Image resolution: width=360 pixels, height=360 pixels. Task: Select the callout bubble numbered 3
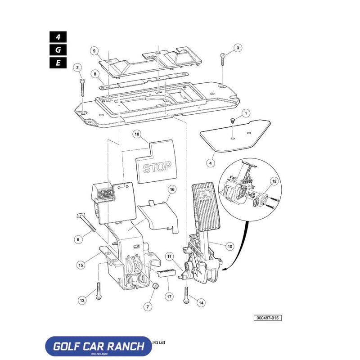click(238, 48)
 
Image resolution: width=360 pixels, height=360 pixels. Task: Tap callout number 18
click(137, 134)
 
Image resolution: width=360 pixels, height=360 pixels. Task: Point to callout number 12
click(275, 181)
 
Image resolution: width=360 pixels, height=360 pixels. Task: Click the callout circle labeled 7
click(147, 307)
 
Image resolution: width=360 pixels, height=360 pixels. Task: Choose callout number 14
click(201, 303)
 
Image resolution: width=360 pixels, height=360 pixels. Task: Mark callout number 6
click(78, 240)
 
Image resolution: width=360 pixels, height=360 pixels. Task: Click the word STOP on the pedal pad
click(157, 167)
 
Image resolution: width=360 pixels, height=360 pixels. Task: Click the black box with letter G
click(58, 49)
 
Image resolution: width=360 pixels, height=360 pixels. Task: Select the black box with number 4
click(58, 36)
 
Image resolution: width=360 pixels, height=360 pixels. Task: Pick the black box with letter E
click(58, 63)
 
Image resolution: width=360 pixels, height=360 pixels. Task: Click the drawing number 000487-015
click(268, 318)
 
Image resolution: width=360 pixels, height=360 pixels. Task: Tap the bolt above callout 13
click(99, 288)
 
